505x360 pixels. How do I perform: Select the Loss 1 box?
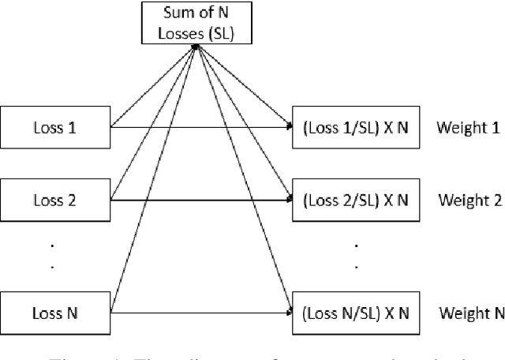click(x=55, y=126)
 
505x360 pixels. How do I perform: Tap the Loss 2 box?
click(x=55, y=200)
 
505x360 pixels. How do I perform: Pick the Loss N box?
click(x=55, y=313)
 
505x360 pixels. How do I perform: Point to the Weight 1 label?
click(x=469, y=126)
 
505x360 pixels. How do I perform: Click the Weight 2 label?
click(x=469, y=200)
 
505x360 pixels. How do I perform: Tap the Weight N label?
click(x=470, y=313)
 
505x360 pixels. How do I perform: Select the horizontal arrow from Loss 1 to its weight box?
click(x=197, y=126)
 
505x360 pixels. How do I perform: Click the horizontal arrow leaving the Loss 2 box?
click(x=197, y=200)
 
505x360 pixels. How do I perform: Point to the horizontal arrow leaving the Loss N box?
click(x=197, y=313)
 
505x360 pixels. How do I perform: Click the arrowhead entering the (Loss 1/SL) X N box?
click(x=288, y=126)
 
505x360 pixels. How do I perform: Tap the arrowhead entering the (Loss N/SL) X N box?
click(x=288, y=313)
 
